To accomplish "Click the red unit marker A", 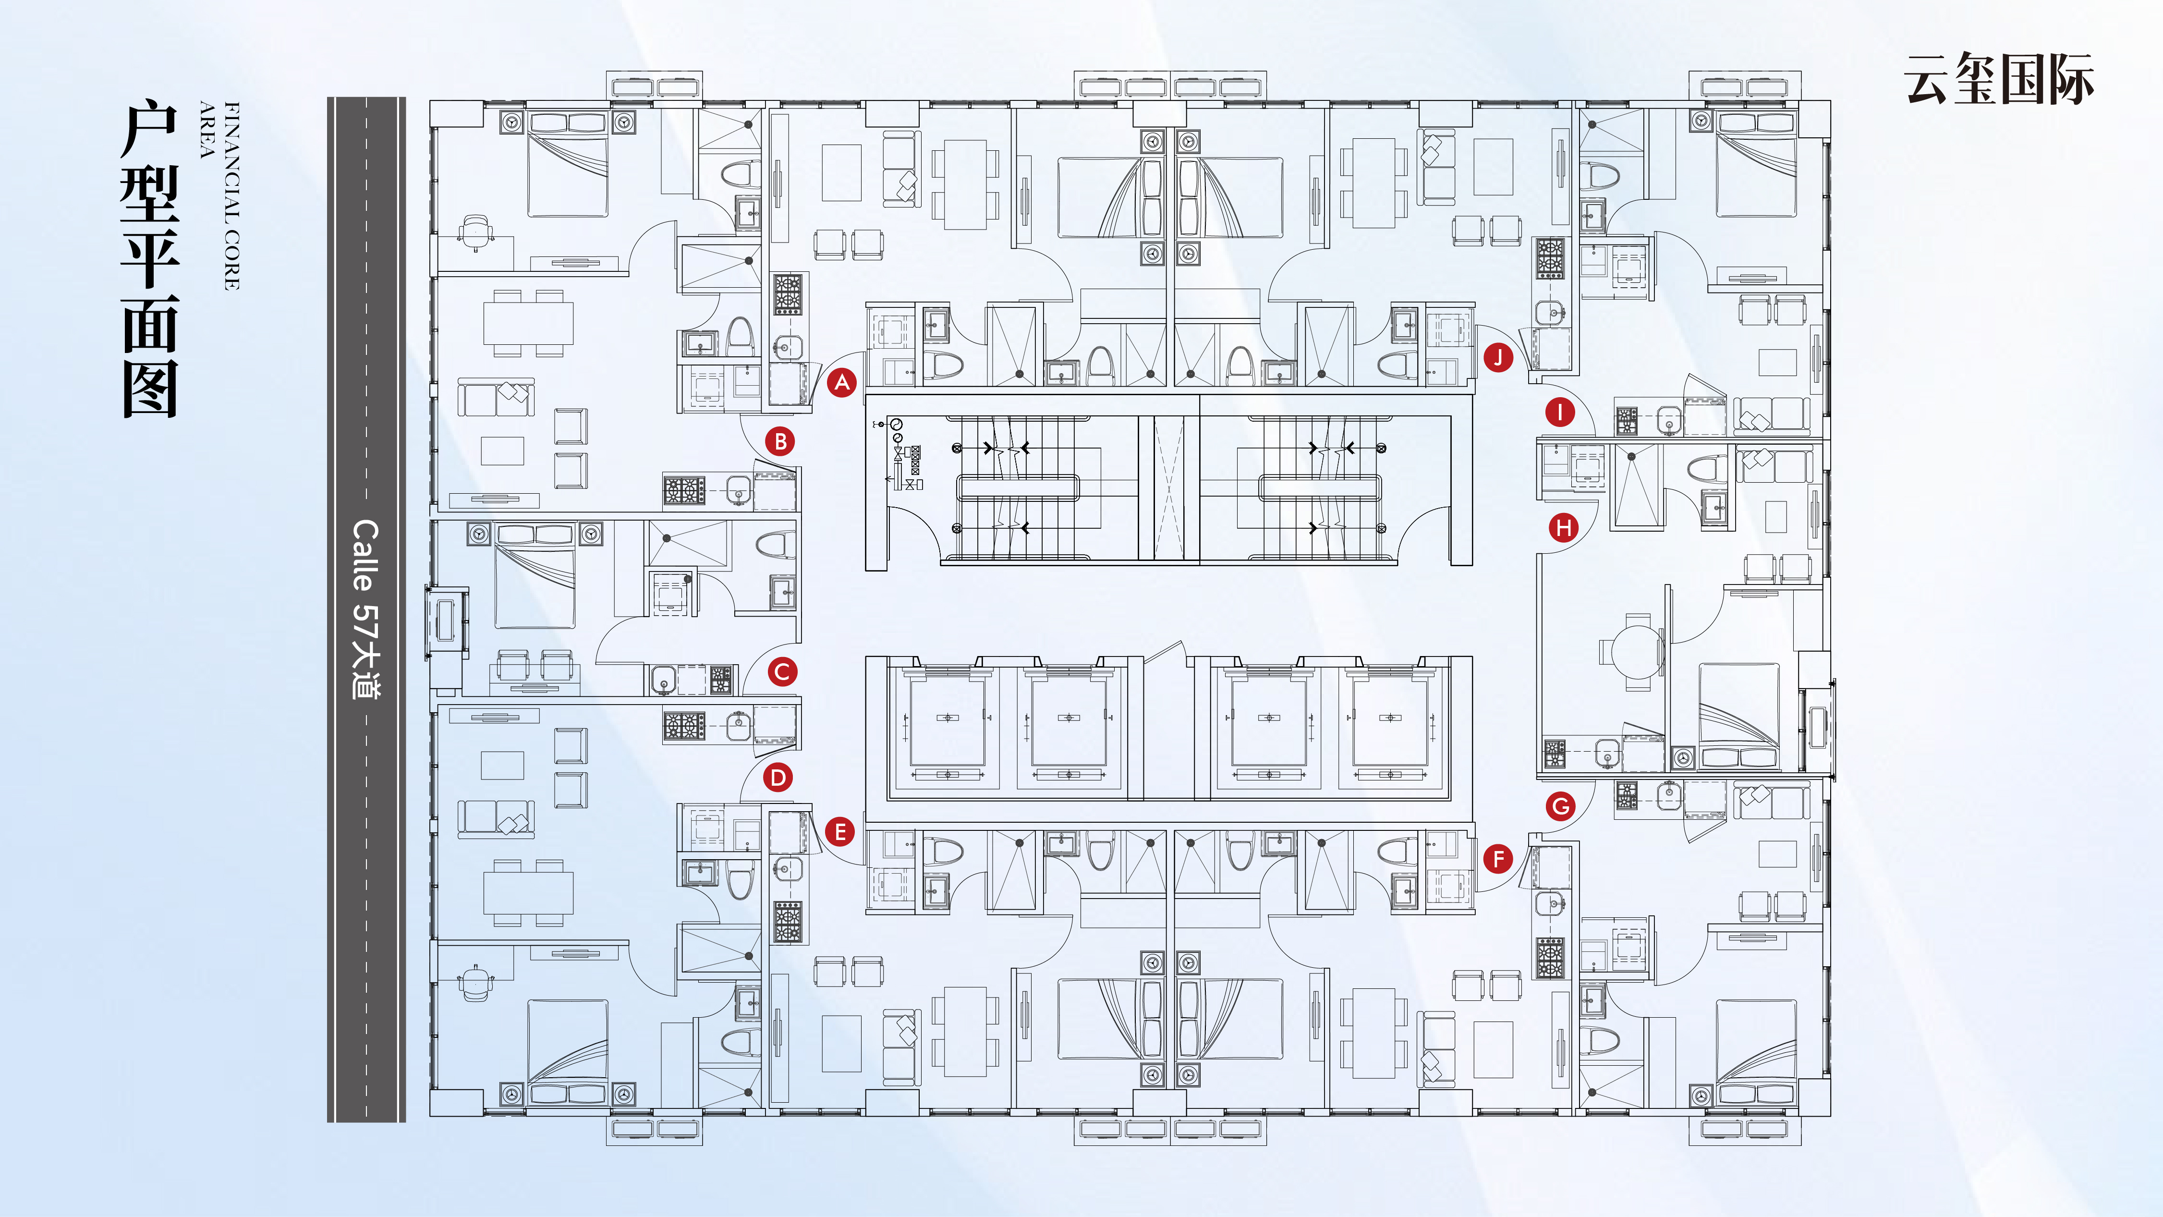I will (x=841, y=383).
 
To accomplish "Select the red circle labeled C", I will (x=782, y=672).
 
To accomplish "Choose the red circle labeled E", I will (x=839, y=832).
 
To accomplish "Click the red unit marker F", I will (x=1498, y=858).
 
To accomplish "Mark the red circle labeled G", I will (x=1560, y=806).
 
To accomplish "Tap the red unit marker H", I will (x=1563, y=528).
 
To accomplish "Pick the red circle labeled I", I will (x=1560, y=413).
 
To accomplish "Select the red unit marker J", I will (x=1498, y=357).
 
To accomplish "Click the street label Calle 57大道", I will (x=365, y=609).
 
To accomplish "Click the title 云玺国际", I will (x=1998, y=80).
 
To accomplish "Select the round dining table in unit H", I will (x=1633, y=651).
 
